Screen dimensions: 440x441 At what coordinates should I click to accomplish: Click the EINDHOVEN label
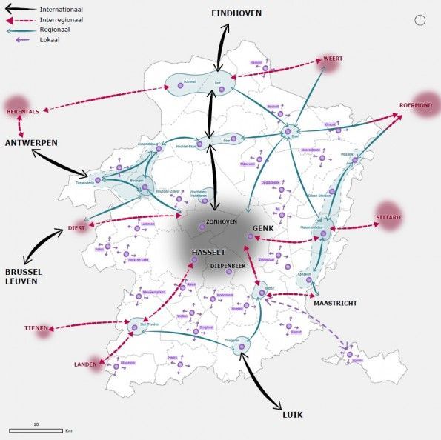pyautogui.click(x=236, y=14)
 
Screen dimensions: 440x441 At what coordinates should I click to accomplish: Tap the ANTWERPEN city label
pyautogui.click(x=32, y=142)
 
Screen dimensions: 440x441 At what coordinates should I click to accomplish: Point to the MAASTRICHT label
pyautogui.click(x=335, y=304)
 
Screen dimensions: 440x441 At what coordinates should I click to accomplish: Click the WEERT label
pyautogui.click(x=332, y=59)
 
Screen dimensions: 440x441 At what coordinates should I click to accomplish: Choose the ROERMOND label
pyautogui.click(x=416, y=105)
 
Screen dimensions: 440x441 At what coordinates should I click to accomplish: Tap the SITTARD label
pyautogui.click(x=388, y=217)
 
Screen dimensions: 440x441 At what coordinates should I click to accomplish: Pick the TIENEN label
pyautogui.click(x=36, y=328)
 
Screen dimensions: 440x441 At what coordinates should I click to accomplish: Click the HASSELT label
pyautogui.click(x=208, y=253)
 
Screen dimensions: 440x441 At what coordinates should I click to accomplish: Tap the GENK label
pyautogui.click(x=263, y=229)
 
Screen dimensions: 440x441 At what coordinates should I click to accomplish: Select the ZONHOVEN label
pyautogui.click(x=222, y=221)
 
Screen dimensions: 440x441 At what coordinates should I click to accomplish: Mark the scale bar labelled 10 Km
pyautogui.click(x=36, y=430)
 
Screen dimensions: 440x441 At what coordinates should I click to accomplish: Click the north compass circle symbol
pyautogui.click(x=421, y=21)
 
